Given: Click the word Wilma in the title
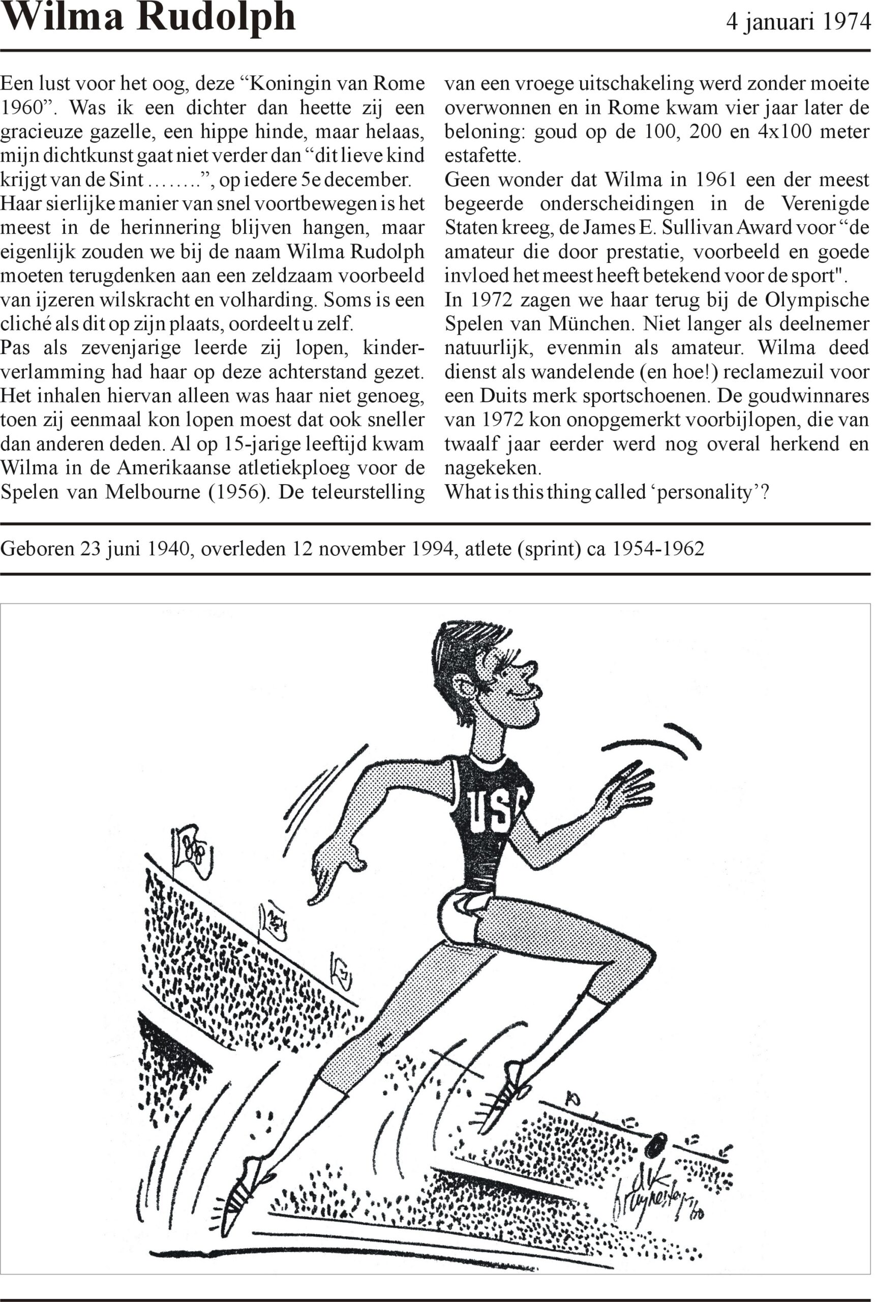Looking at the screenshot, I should (63, 18).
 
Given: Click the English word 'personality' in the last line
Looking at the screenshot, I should (705, 492).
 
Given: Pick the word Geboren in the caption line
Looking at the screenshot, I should (38, 549).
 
